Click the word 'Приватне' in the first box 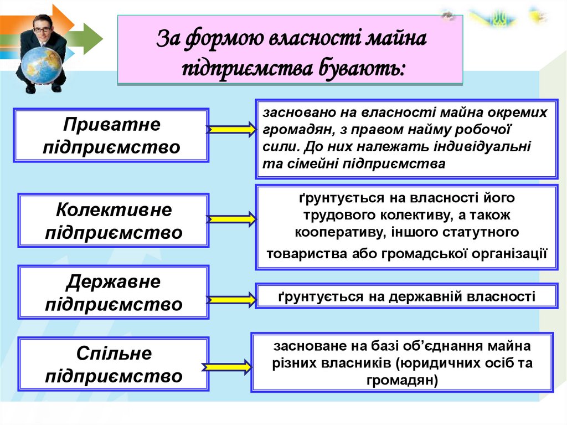click(x=112, y=125)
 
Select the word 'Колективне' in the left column click(x=114, y=210)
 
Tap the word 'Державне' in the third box click(x=114, y=282)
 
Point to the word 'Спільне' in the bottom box click(x=114, y=354)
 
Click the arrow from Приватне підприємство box click(x=232, y=130)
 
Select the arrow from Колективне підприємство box click(x=232, y=219)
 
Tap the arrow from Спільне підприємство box click(x=228, y=367)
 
